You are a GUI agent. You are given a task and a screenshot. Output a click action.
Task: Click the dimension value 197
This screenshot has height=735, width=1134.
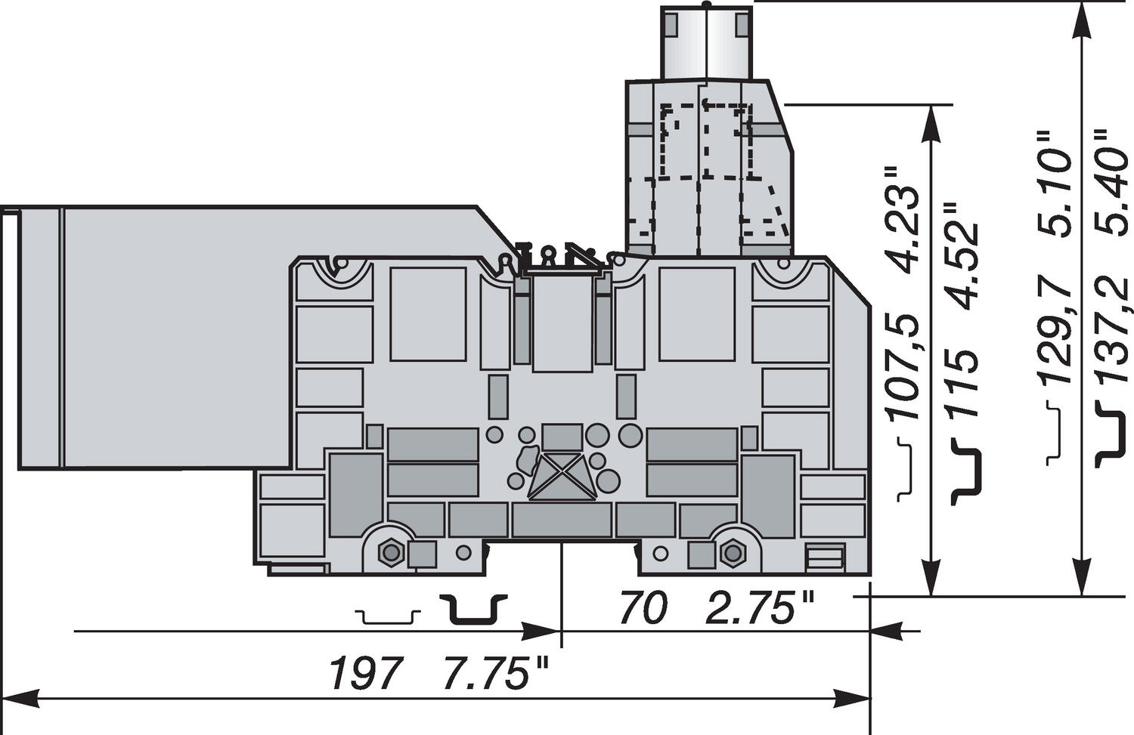(x=364, y=674)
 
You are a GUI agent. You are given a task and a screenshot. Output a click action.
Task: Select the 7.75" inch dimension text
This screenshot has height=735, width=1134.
(x=495, y=674)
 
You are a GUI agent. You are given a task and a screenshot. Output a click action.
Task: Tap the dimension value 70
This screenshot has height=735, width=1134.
(x=643, y=609)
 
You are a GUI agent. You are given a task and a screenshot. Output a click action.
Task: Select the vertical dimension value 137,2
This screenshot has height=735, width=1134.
(x=1112, y=333)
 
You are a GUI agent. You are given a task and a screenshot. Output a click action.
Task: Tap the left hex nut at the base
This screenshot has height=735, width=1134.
(x=390, y=554)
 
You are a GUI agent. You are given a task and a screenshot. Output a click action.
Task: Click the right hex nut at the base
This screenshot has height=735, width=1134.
(x=731, y=554)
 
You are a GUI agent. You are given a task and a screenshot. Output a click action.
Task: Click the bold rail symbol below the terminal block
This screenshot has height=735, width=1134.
(x=474, y=610)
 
